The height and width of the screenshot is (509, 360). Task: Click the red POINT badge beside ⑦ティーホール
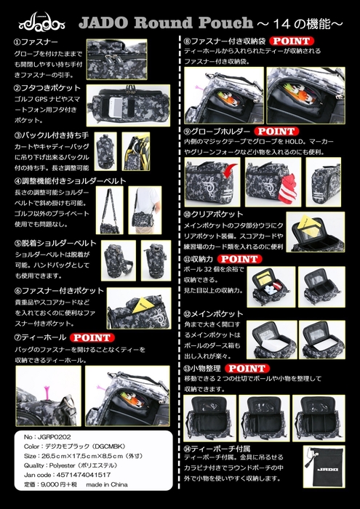coord(90,337)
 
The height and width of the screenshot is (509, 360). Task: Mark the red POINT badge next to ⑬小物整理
coord(246,369)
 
